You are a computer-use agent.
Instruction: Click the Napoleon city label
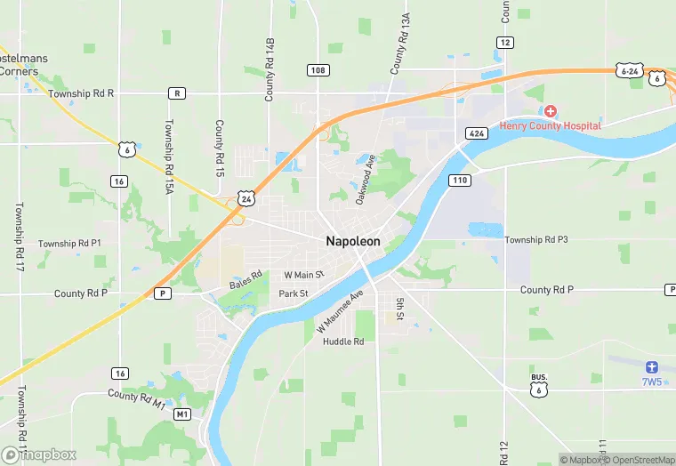pyautogui.click(x=353, y=241)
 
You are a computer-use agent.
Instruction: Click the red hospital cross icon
pyautogui.click(x=551, y=111)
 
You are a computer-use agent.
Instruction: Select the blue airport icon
pyautogui.click(x=652, y=366)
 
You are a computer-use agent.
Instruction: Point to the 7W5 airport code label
pyautogui.click(x=652, y=382)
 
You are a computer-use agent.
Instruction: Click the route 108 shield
pyautogui.click(x=318, y=70)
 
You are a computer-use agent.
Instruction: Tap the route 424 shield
pyautogui.click(x=475, y=133)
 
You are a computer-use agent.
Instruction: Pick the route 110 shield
pyautogui.click(x=460, y=181)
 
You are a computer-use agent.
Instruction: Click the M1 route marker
pyautogui.click(x=182, y=414)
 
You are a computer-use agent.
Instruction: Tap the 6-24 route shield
pyautogui.click(x=629, y=69)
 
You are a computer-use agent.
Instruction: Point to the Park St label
pyautogui.click(x=294, y=293)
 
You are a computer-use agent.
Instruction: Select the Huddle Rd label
pyautogui.click(x=343, y=341)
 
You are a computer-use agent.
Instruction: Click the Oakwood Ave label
pyautogui.click(x=366, y=179)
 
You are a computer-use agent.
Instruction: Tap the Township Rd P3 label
pyautogui.click(x=536, y=240)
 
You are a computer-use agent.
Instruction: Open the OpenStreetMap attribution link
pyautogui.click(x=639, y=460)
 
